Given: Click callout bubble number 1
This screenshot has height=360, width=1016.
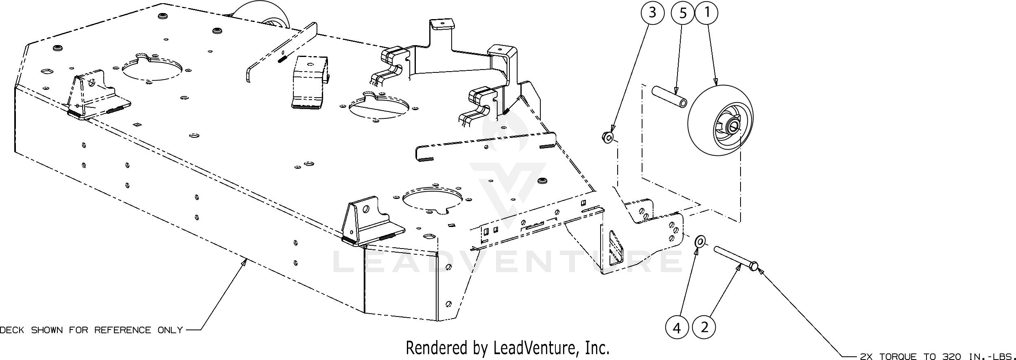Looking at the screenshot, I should (x=707, y=13).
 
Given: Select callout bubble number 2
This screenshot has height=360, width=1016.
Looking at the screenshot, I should (x=705, y=327).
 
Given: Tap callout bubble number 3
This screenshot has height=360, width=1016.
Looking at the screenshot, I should (x=652, y=13).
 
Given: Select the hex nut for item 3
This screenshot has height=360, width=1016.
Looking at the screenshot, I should (x=607, y=137).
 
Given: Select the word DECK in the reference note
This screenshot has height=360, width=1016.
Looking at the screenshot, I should (x=12, y=330).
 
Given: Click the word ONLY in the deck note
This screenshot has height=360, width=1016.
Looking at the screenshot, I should (x=170, y=330).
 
